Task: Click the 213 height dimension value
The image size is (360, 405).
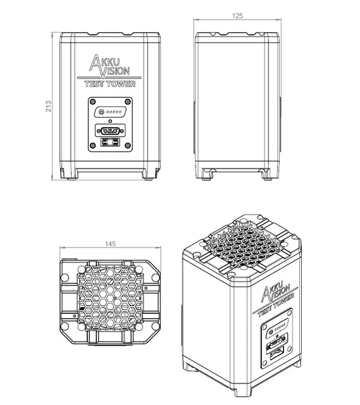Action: click(x=48, y=106)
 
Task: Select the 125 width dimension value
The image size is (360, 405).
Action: click(x=237, y=16)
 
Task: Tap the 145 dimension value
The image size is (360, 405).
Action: click(x=111, y=244)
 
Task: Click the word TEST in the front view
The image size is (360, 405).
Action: click(x=94, y=84)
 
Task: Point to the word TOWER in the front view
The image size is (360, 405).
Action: click(x=121, y=84)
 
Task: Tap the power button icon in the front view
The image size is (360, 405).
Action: click(x=101, y=112)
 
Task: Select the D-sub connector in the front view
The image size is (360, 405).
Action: click(x=110, y=131)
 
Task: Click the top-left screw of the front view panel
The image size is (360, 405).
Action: click(x=93, y=101)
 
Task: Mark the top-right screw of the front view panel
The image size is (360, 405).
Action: click(x=128, y=101)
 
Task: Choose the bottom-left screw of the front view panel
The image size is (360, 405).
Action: click(x=93, y=146)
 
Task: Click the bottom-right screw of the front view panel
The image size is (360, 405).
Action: click(x=128, y=146)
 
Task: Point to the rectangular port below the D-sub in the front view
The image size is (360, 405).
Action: click(x=110, y=142)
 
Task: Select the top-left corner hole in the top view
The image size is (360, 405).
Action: click(x=65, y=278)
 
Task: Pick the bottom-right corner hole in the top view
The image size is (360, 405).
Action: click(x=156, y=327)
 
